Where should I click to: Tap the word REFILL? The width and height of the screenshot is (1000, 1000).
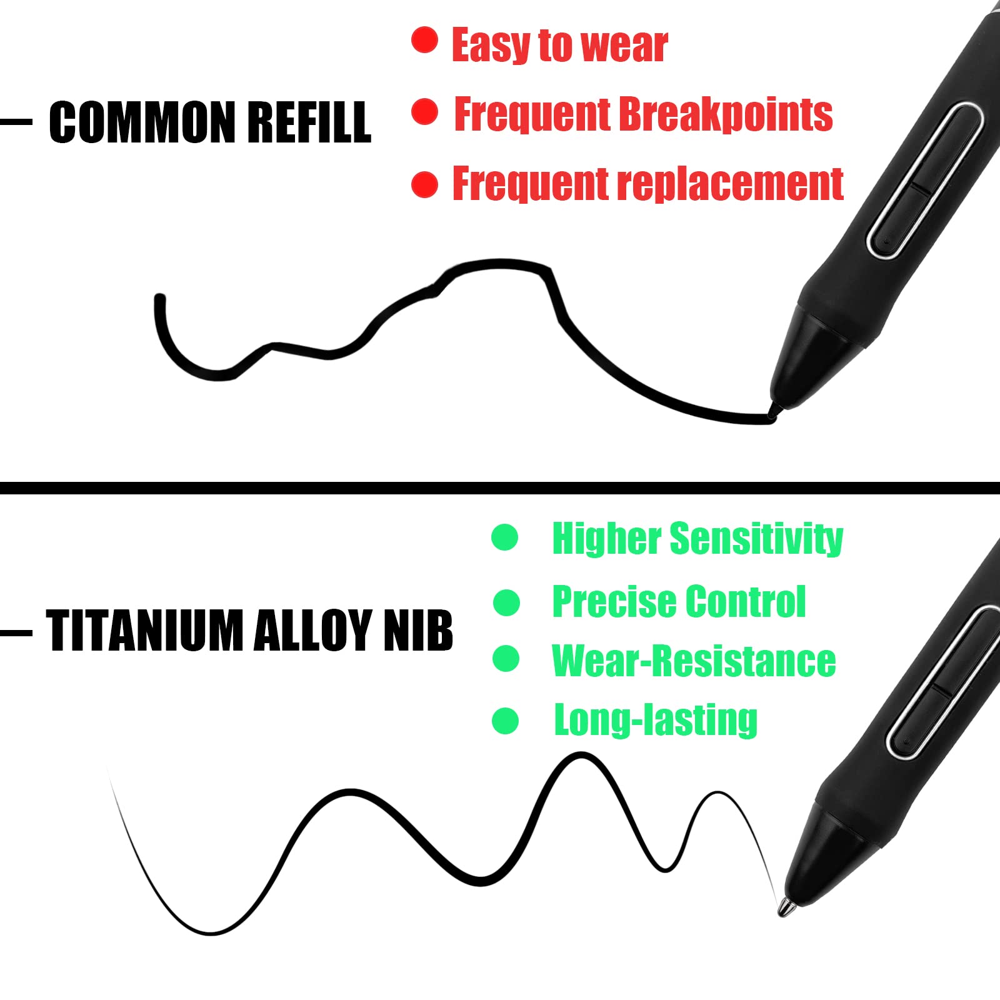pos(309,122)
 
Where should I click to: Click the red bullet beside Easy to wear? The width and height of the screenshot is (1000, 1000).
pos(424,40)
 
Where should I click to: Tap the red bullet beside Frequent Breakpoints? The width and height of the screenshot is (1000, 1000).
pos(424,111)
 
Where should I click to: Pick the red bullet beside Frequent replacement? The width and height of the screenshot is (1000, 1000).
pos(424,185)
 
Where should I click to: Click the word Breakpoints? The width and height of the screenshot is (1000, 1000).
pos(726,115)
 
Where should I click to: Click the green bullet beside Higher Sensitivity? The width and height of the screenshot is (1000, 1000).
pos(505,537)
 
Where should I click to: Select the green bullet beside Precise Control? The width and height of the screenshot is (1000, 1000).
pos(506,602)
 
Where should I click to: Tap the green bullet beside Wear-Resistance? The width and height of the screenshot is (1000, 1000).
pos(506,659)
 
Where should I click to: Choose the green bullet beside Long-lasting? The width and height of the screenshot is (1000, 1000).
pos(505,721)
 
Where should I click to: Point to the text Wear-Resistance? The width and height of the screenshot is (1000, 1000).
pos(694,661)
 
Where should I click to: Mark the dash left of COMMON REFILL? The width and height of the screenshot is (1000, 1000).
pos(16,122)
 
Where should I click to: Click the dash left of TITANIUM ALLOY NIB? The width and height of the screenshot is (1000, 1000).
pos(16,633)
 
